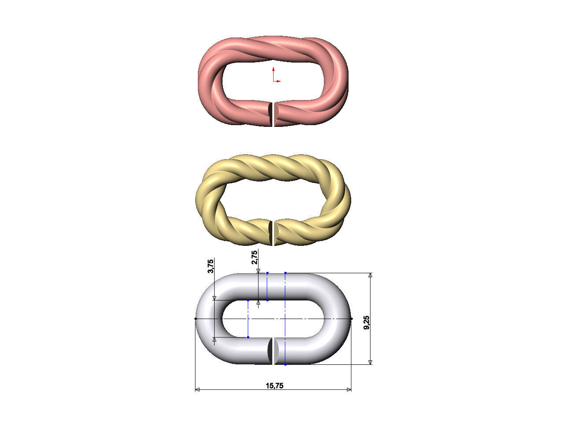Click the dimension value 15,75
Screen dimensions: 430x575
pos(274,386)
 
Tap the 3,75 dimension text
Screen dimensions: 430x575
pos(211,266)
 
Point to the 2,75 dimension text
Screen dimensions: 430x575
pos(255,258)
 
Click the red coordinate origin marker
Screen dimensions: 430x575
pos(274,80)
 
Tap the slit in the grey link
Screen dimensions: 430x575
pos(274,352)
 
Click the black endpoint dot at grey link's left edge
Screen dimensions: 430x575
pos(196,319)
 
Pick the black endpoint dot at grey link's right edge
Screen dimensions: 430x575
pos(351,319)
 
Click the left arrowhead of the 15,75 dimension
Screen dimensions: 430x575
pos(197,389)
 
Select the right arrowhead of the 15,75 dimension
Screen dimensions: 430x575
pos(349,389)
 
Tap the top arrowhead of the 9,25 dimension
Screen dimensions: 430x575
pos(370,275)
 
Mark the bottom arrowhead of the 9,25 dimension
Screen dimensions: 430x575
pos(370,362)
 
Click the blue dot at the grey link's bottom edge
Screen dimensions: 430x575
pos(286,364)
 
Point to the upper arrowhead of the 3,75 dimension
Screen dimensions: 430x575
pos(214,298)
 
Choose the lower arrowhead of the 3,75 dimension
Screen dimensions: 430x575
pos(214,339)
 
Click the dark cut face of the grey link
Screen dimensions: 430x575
pos(269,351)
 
